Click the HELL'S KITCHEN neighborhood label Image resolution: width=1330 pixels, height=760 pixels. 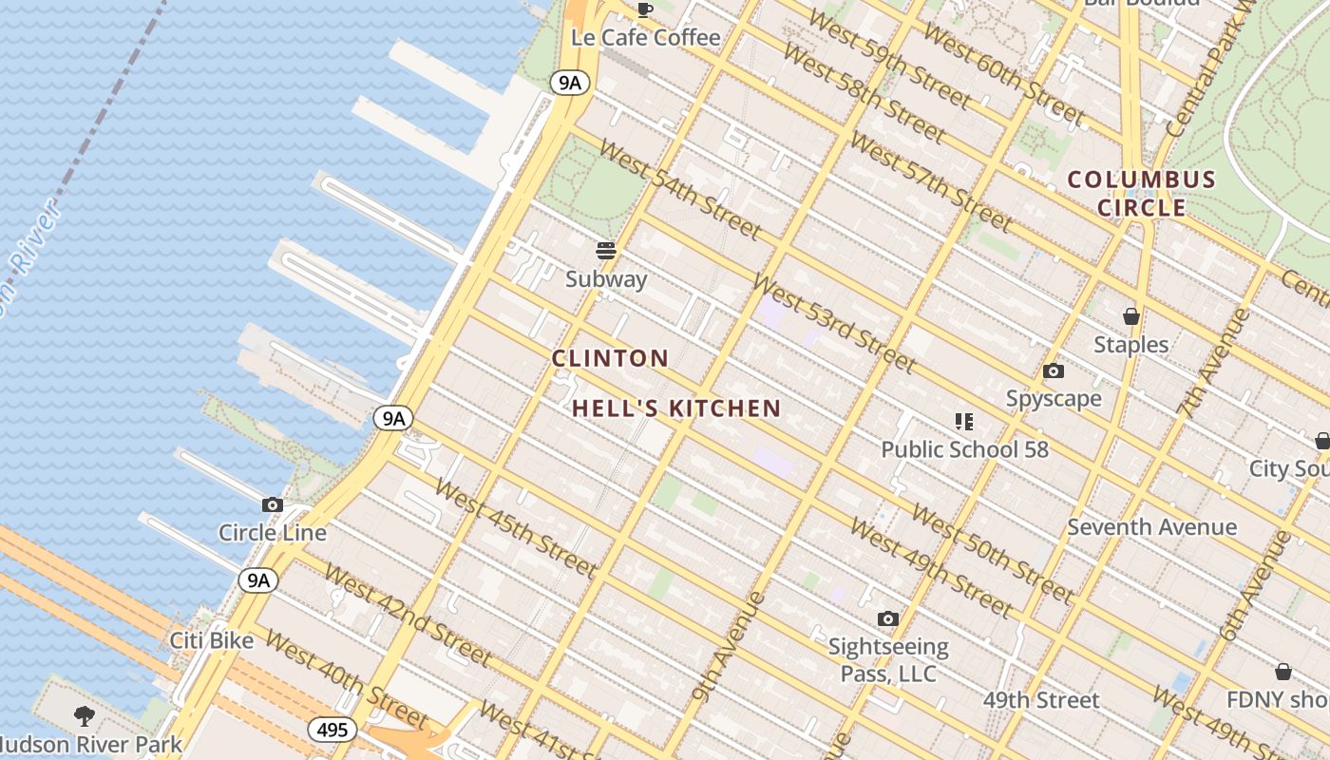[x=676, y=408]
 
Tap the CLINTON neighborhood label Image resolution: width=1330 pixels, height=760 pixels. [x=611, y=358]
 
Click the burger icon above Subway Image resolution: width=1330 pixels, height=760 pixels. [x=606, y=251]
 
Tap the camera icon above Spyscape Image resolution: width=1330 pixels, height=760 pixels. [x=1053, y=371]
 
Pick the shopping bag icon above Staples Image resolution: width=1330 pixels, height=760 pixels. [x=1130, y=316]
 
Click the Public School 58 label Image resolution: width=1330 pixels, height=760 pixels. [x=964, y=449]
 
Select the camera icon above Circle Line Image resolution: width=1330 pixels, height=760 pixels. [x=273, y=504]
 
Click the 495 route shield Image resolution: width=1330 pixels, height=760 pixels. [x=332, y=730]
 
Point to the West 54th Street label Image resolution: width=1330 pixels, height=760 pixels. [x=680, y=192]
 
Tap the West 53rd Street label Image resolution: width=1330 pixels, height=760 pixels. [x=834, y=323]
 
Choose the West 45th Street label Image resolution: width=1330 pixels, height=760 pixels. [x=515, y=528]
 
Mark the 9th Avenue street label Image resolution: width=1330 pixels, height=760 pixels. [x=729, y=646]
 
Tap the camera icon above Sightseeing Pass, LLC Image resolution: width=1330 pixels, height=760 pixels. [x=887, y=619]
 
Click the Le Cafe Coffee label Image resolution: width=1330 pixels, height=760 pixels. [x=645, y=37]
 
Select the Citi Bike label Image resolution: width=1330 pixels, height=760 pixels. [x=212, y=640]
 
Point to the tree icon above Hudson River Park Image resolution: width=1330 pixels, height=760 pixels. [x=85, y=715]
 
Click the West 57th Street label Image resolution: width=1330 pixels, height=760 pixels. [x=930, y=181]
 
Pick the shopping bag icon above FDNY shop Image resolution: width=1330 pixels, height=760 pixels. [x=1282, y=672]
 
